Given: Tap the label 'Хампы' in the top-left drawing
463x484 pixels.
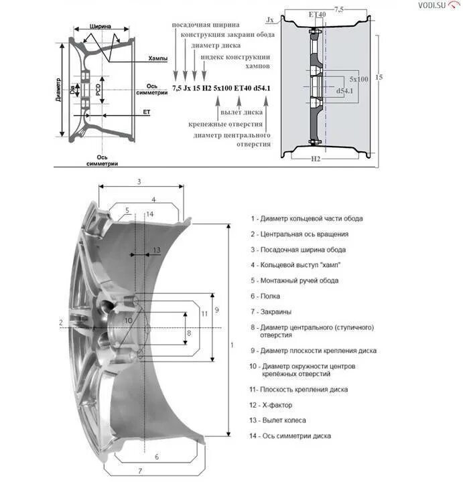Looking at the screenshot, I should pyautogui.click(x=159, y=59).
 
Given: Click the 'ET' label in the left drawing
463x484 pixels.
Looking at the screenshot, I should pyautogui.click(x=147, y=112).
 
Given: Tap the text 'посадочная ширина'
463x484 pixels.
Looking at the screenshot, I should pyautogui.click(x=201, y=24).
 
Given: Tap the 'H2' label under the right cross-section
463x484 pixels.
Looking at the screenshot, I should pyautogui.click(x=316, y=159).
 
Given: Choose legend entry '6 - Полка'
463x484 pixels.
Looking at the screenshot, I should pyautogui.click(x=266, y=296).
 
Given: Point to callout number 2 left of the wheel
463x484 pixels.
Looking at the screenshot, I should pyautogui.click(x=60, y=323).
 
